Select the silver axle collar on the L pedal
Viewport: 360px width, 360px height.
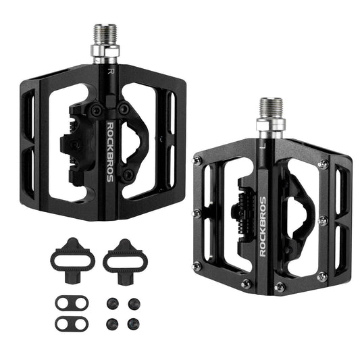point(271,128)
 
